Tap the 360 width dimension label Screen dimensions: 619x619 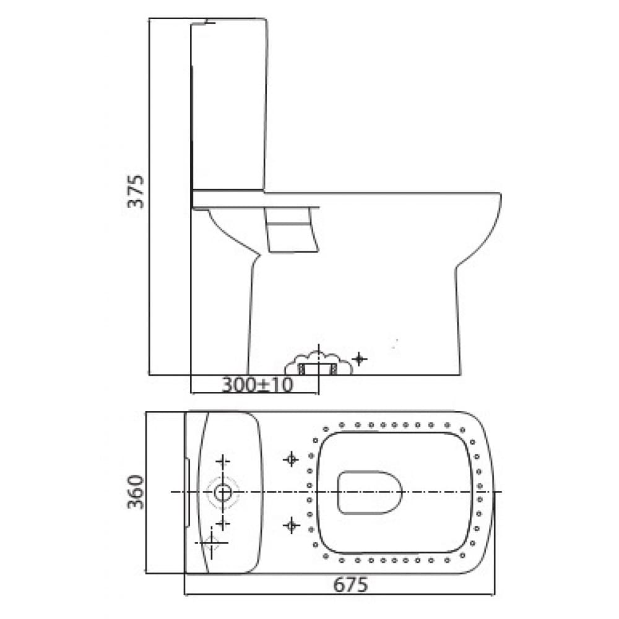[x=136, y=491]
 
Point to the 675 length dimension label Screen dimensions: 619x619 [x=350, y=584]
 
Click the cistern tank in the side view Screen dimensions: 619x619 [x=229, y=105]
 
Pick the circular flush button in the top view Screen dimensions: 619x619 [x=223, y=493]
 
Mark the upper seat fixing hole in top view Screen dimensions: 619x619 [x=291, y=459]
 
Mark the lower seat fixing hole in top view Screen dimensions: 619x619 [x=291, y=526]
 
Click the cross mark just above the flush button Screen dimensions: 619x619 [x=223, y=461]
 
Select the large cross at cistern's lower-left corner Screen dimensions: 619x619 [x=212, y=543]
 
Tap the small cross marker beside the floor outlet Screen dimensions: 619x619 [x=359, y=358]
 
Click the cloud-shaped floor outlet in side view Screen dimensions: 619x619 [x=319, y=365]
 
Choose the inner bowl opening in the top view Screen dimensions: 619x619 [x=370, y=493]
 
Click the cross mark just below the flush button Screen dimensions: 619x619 [x=223, y=524]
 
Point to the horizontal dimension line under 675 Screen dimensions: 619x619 [x=339, y=595]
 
